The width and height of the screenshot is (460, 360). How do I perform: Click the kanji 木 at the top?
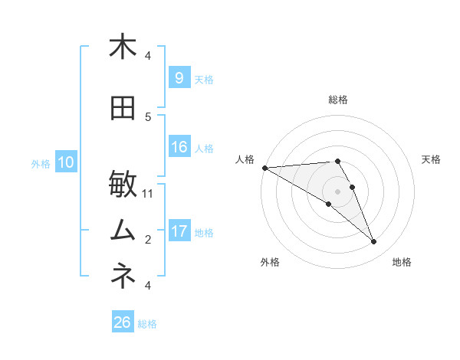(x=123, y=47)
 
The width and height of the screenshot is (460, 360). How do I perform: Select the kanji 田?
(x=123, y=109)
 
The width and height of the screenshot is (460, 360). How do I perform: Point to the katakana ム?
(x=123, y=229)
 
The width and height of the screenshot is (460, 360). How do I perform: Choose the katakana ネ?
(x=123, y=275)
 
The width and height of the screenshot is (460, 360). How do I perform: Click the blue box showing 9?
(x=179, y=78)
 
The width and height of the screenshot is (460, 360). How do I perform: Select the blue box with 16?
(x=179, y=148)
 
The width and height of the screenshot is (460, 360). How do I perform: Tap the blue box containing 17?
(x=179, y=231)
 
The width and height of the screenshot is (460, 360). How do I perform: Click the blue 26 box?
(x=123, y=322)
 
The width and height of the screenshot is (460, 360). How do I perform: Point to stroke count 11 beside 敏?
(x=148, y=193)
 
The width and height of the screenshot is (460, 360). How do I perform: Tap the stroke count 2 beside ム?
(x=148, y=239)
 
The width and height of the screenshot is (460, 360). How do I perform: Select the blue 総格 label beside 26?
(x=147, y=324)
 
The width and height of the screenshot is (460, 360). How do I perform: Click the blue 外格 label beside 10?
(x=41, y=163)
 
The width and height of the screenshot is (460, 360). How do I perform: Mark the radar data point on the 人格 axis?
(x=264, y=168)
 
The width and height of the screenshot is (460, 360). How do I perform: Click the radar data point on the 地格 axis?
(x=374, y=242)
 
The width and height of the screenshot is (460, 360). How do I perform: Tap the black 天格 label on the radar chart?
(x=431, y=159)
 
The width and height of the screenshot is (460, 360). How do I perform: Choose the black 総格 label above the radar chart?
(x=338, y=100)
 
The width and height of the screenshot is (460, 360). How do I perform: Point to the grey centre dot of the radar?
(x=337, y=191)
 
